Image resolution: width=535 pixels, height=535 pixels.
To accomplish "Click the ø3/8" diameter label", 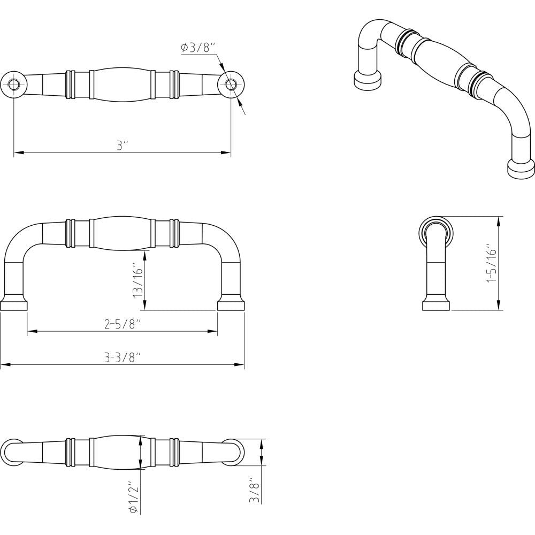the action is (198, 48).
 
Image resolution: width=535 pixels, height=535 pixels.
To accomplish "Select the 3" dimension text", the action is (122, 146).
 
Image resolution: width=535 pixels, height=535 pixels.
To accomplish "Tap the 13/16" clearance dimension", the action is (138, 280).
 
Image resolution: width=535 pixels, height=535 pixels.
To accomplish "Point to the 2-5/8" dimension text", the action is (123, 325).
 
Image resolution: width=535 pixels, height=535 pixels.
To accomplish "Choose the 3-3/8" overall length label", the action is (123, 358).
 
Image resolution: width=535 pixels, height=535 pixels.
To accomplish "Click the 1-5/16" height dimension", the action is (492, 263).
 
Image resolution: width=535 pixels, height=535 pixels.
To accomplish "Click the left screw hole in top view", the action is (14, 85).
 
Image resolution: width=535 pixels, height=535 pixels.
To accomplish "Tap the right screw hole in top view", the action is (231, 85).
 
